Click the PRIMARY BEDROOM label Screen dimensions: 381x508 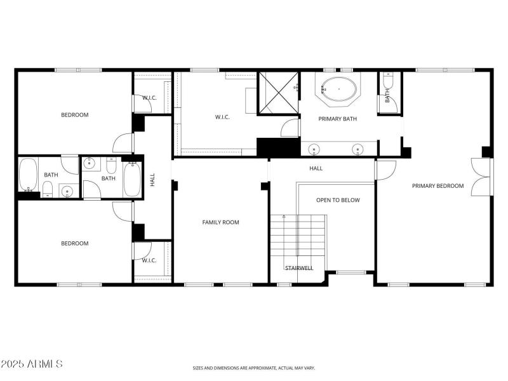coord(438,186)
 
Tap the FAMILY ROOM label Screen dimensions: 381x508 coord(220,222)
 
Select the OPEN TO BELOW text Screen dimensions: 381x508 coord(338,200)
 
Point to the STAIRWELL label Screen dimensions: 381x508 coord(298,268)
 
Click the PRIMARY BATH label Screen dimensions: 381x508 coord(337,118)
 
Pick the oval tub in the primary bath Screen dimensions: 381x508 coord(338,90)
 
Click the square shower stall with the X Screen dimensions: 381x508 coord(278,93)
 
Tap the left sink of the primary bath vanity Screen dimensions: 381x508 coord(314,150)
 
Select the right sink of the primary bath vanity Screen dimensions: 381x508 coord(358,150)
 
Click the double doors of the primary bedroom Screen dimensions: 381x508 coord(481,177)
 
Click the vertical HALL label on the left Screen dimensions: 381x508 coord(152,180)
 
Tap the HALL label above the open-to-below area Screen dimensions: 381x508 coord(316,168)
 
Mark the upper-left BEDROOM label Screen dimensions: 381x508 coord(74,115)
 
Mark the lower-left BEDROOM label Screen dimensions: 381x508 coord(74,243)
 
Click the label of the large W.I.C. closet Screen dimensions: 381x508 coord(222,117)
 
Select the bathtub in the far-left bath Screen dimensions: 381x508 coord(28,175)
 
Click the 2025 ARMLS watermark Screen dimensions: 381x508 coord(32,364)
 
